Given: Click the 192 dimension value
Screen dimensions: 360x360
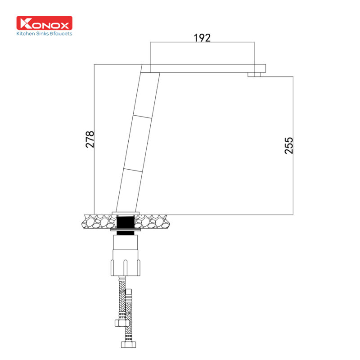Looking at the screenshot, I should point(202,38).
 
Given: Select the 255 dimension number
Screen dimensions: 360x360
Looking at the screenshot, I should point(289,145).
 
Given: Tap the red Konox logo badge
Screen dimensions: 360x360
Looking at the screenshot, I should point(44,23).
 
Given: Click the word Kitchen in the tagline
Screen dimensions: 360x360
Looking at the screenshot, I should point(26,33).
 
